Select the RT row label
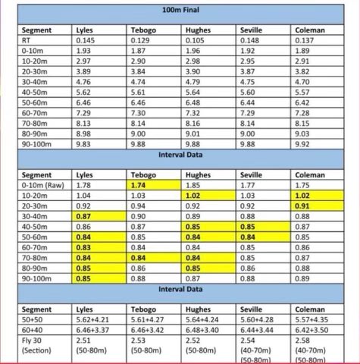click(28, 39)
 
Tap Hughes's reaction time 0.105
click(196, 39)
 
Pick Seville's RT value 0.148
click(250, 39)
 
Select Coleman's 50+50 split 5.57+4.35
click(311, 320)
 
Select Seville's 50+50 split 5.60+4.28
click(258, 320)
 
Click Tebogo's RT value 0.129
click(141, 39)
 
